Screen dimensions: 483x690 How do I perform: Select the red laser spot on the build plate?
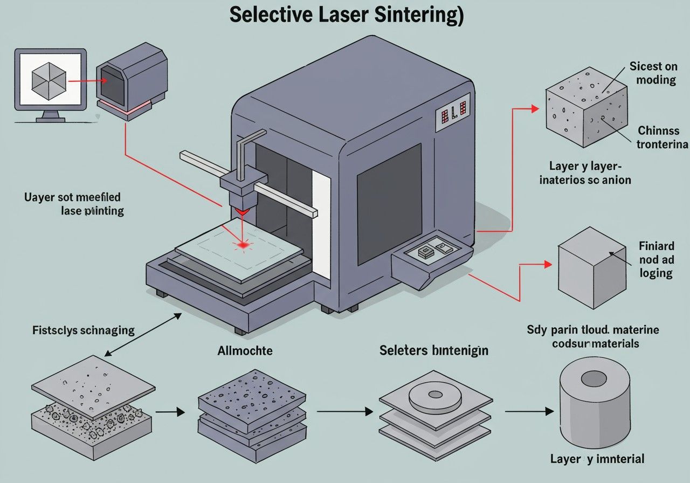tap(243, 245)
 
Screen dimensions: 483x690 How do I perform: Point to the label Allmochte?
tap(245, 351)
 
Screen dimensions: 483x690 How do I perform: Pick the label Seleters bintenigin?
tap(434, 350)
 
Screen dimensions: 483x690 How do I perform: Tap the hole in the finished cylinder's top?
tap(594, 378)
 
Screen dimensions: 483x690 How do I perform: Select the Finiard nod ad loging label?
tap(656, 259)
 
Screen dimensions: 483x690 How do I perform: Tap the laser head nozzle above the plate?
tap(242, 202)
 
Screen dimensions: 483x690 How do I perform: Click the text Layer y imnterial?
tap(597, 459)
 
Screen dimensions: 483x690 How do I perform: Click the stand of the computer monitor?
tap(50, 116)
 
